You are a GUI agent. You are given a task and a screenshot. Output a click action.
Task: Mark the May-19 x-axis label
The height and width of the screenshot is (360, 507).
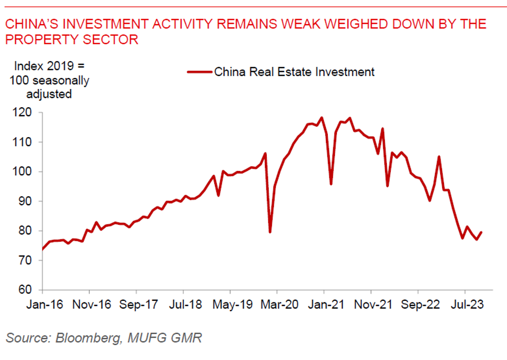tap(230, 303)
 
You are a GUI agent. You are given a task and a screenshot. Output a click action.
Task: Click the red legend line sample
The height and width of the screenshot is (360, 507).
tap(199, 72)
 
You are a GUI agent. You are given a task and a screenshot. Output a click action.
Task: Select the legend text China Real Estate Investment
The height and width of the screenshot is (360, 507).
tap(294, 72)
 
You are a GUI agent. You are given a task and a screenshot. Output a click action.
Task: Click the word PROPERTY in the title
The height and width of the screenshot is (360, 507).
tap(38, 40)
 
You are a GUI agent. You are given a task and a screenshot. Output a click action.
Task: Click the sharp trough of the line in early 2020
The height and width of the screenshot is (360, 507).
tap(270, 232)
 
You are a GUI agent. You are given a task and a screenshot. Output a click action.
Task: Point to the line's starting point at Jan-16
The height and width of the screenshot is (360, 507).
tap(42, 249)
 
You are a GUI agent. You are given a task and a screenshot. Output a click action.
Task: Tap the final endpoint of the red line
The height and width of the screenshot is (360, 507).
tap(482, 232)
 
